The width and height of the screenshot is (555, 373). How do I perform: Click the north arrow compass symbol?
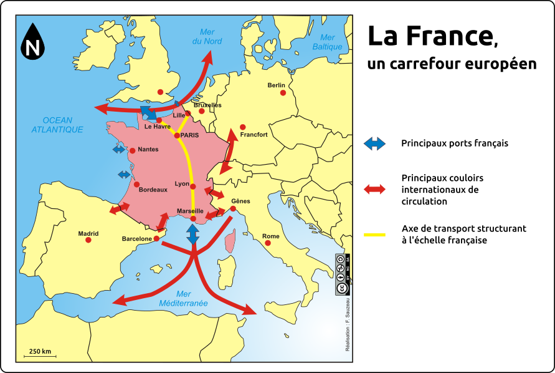point(32,42)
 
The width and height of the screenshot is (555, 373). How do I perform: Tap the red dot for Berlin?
point(283,93)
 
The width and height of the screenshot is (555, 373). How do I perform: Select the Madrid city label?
point(88,234)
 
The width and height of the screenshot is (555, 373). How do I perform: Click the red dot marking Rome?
point(268,243)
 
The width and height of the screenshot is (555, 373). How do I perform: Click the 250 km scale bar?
point(40,356)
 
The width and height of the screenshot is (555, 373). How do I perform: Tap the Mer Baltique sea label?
point(328,42)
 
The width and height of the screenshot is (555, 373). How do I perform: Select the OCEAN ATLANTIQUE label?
point(57,125)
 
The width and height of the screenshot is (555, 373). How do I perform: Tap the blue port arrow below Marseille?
point(193,234)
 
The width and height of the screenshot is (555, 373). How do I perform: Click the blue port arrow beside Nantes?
point(119,150)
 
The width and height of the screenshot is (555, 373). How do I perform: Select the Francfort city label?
point(254,134)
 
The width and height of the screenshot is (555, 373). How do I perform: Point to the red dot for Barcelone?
point(156,238)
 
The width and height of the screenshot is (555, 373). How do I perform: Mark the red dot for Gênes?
point(233,209)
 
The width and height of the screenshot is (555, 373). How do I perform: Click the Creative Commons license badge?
point(341,274)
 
